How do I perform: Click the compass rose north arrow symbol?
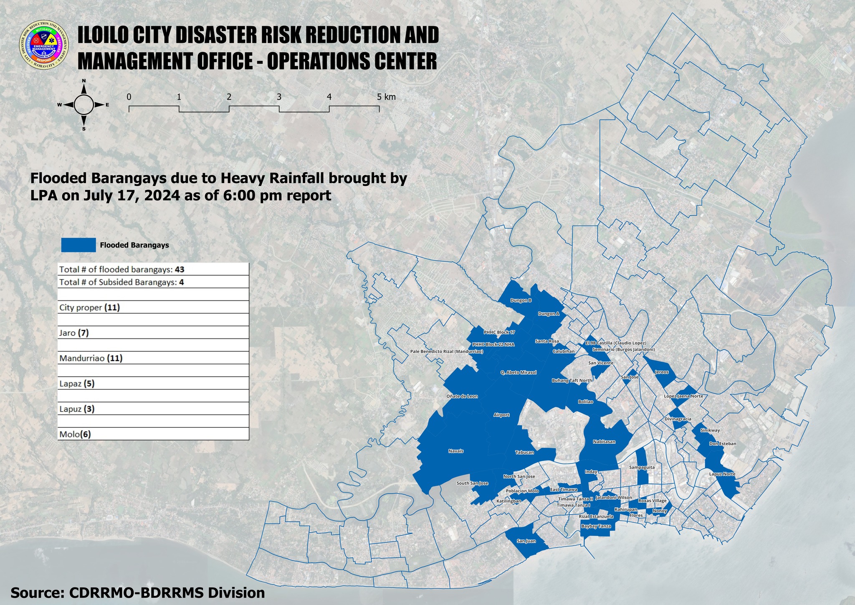(84, 104)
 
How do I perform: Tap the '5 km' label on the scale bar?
(386, 97)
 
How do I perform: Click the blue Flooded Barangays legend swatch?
(78, 245)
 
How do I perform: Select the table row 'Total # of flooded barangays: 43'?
(153, 269)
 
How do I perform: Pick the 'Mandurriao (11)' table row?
(153, 358)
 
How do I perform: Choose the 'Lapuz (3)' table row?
(153, 409)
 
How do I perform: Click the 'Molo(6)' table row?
(153, 434)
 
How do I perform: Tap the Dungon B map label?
(521, 300)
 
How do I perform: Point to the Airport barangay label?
(501, 415)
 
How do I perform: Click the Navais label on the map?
(456, 451)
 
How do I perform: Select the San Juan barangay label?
(526, 541)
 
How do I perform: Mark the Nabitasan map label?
(604, 442)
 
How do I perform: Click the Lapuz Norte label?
(722, 474)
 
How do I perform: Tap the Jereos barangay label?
(662, 372)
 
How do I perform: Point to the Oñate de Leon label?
(462, 396)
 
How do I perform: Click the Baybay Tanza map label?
(596, 526)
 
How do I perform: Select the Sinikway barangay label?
(710, 430)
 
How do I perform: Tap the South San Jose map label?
(472, 483)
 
